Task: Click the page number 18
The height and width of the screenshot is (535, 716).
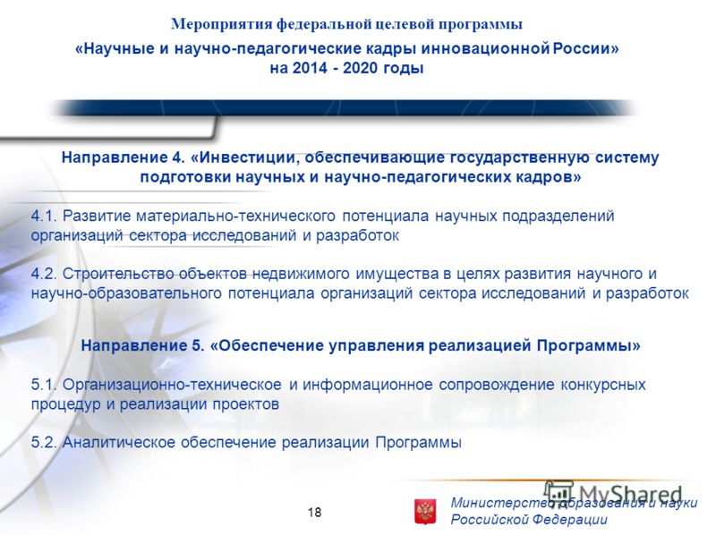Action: click(x=315, y=512)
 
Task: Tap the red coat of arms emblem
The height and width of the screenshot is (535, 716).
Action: click(x=424, y=511)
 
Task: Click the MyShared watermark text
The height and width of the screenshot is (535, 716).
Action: click(x=614, y=494)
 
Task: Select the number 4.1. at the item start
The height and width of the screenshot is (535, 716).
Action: click(x=44, y=216)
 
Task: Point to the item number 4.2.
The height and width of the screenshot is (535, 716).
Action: click(x=44, y=274)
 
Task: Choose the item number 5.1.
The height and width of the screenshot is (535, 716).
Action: click(x=44, y=385)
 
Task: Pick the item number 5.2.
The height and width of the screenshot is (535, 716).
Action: click(x=44, y=442)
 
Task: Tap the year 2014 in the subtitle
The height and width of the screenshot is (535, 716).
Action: click(x=310, y=68)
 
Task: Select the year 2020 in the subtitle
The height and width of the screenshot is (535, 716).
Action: click(x=361, y=68)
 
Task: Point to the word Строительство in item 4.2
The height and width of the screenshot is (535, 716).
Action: click(x=118, y=274)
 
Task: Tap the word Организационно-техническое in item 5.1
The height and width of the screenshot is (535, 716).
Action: click(x=172, y=385)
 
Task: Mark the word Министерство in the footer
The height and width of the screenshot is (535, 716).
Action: click(x=501, y=503)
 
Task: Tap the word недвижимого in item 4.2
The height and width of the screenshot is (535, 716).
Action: click(x=301, y=274)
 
